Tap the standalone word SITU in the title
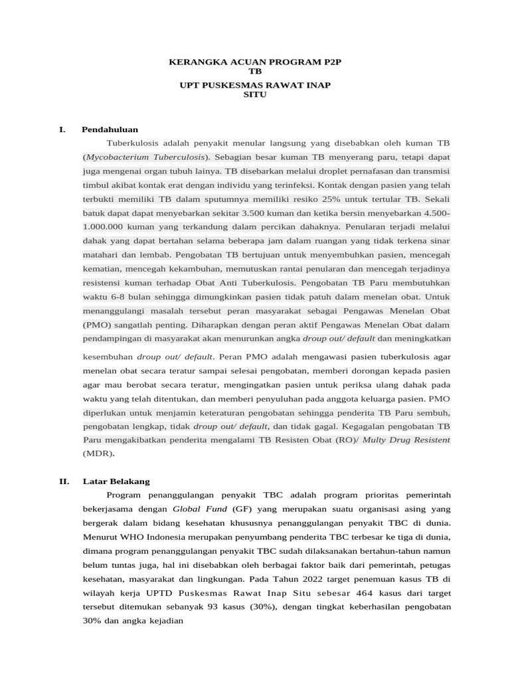[x=255, y=95]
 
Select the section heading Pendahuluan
[x=110, y=129]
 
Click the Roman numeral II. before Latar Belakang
[x=64, y=481]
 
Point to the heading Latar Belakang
[x=116, y=481]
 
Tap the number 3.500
[x=256, y=213]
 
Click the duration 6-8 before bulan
[x=118, y=296]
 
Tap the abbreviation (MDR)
[x=98, y=454]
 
